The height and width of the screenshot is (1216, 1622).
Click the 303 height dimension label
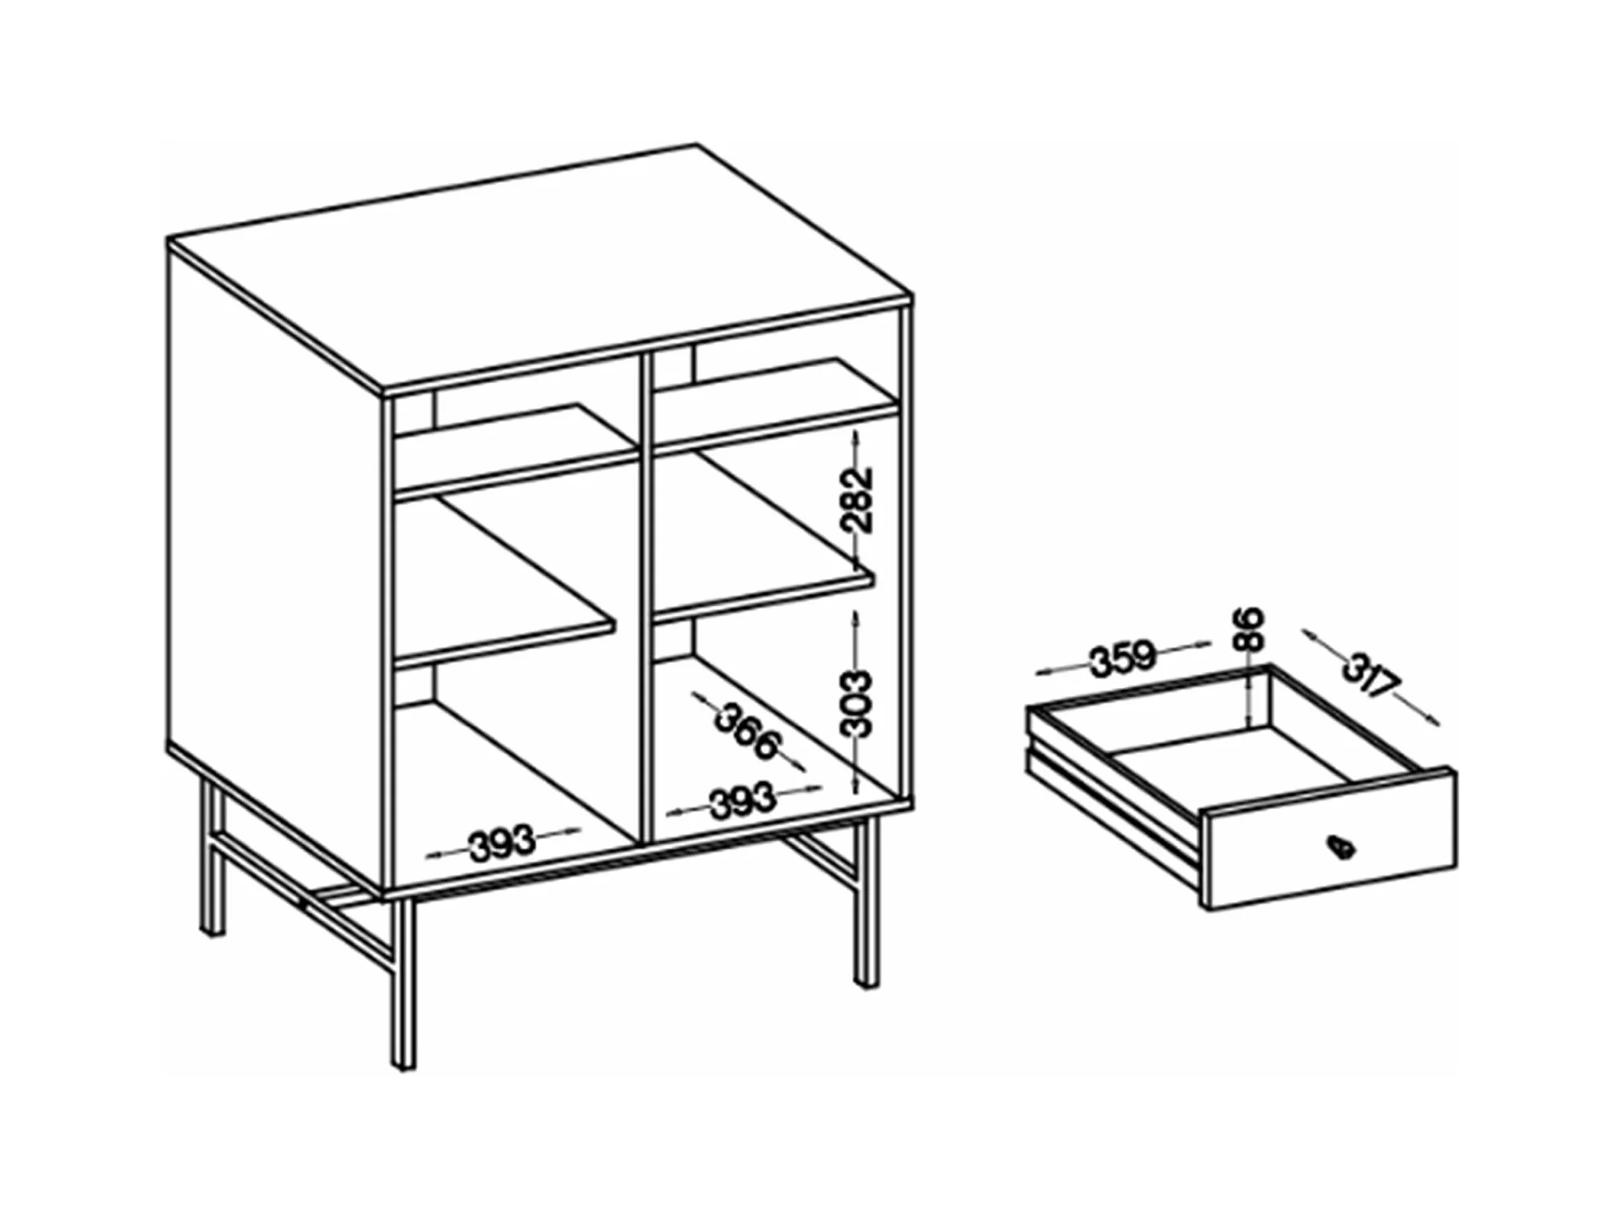[858, 703]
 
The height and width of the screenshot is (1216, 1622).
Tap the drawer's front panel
[1329, 840]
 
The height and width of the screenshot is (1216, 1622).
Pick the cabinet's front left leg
[403, 984]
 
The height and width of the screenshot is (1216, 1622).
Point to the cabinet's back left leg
[211, 855]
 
